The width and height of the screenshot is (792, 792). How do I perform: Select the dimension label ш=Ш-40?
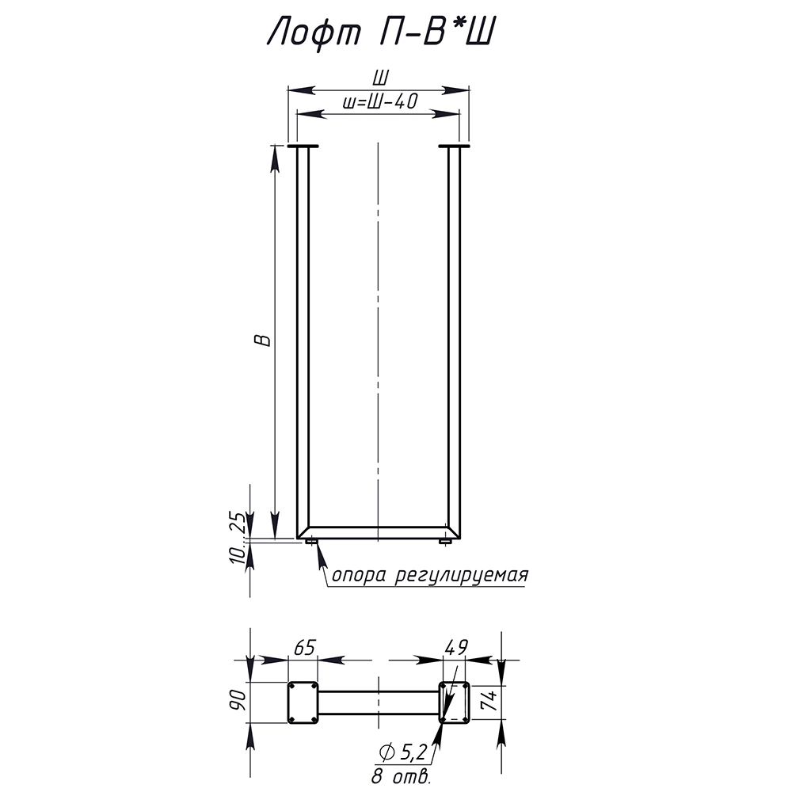[x=380, y=101]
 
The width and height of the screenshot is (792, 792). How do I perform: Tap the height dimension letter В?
[x=263, y=340]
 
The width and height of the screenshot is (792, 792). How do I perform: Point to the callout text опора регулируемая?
[x=430, y=575]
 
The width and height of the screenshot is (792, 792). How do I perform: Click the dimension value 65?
[x=304, y=647]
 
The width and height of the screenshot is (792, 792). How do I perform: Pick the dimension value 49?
[x=457, y=647]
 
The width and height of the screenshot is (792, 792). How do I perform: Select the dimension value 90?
[x=238, y=701]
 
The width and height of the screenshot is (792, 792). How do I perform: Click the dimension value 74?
[x=490, y=701]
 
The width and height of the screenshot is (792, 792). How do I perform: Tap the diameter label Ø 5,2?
[x=403, y=752]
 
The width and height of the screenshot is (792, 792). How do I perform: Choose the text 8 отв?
[x=402, y=775]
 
